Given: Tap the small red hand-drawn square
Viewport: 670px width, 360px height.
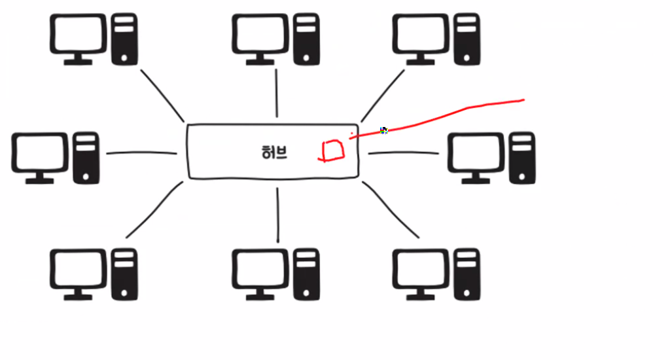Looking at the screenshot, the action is (x=332, y=151).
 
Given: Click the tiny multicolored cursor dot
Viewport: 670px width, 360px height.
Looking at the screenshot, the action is (x=384, y=130).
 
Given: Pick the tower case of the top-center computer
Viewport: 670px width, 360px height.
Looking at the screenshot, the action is (x=306, y=39).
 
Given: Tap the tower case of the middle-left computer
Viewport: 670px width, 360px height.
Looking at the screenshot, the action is (x=86, y=157).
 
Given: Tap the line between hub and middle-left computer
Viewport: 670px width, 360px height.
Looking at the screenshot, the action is (x=141, y=154).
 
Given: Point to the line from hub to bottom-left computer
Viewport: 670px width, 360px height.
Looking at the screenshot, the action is (x=154, y=210).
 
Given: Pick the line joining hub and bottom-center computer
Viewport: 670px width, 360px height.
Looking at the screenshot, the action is (x=277, y=214).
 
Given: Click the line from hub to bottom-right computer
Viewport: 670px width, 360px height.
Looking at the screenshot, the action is (x=391, y=209).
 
